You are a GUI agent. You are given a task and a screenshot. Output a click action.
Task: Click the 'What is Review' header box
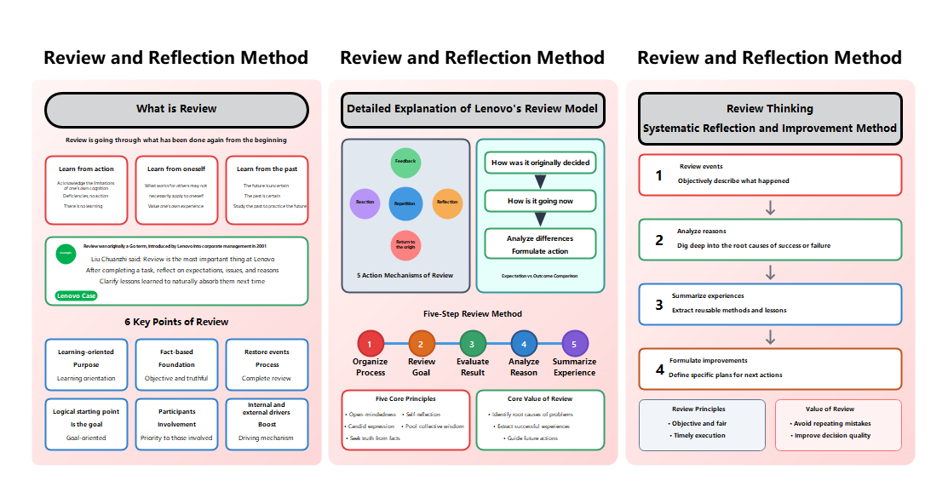[x=176, y=110]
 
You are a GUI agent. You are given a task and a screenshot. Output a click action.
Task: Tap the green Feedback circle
[x=405, y=162]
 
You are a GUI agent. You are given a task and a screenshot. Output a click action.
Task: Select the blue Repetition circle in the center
[x=405, y=203]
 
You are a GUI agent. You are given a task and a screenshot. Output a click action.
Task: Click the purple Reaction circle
[x=365, y=203]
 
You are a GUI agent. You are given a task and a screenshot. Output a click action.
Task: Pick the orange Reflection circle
[x=447, y=203]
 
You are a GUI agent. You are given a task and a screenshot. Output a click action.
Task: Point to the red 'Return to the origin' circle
[x=405, y=245]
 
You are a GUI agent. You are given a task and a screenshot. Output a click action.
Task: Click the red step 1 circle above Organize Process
[x=370, y=344]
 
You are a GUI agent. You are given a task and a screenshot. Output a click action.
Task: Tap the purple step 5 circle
[x=575, y=344]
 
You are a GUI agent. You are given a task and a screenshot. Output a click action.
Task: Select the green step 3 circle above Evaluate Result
[x=472, y=344]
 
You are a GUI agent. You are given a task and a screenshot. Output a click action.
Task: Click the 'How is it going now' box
[x=540, y=202]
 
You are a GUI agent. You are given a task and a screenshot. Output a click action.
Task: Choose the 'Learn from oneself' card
[x=176, y=189]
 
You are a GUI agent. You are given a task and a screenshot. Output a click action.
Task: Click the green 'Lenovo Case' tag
[x=76, y=296]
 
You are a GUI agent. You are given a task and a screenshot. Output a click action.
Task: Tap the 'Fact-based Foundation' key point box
[x=176, y=364]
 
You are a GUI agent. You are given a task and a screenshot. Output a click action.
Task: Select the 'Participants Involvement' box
[x=176, y=424]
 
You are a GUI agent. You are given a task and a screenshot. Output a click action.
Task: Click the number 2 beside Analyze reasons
[x=658, y=240]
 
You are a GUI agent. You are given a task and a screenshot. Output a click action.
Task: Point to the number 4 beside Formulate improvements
[x=659, y=369]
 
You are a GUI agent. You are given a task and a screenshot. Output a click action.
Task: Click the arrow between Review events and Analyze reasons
[x=770, y=208]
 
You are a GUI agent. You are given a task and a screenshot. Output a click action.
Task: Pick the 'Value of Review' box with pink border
[x=838, y=424]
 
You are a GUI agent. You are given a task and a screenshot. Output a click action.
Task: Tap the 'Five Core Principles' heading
[x=405, y=398]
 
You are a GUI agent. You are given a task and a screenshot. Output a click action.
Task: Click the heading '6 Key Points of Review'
[x=176, y=322]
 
